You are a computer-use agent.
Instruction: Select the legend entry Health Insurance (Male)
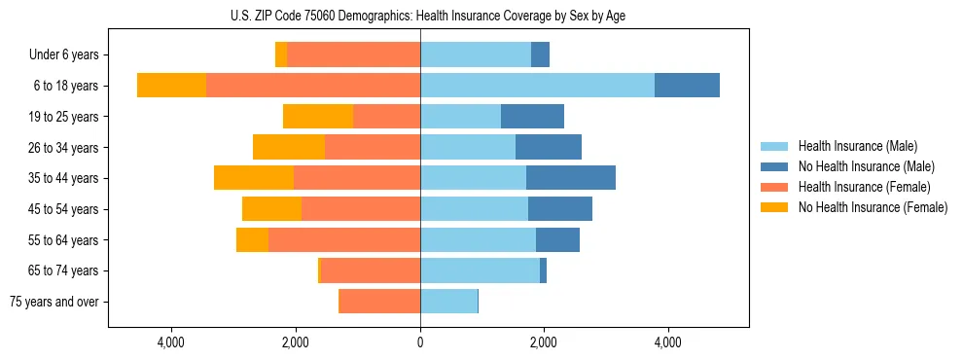point(857,146)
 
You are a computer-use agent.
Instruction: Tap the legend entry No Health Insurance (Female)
point(873,207)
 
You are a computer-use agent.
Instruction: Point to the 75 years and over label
point(53,302)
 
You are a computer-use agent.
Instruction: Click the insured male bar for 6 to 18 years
point(537,86)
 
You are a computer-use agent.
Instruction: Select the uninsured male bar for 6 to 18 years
point(687,86)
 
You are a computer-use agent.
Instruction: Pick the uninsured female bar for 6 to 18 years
point(171,86)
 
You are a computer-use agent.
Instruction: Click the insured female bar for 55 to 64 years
point(344,239)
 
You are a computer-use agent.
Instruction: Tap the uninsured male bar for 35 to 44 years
point(571,178)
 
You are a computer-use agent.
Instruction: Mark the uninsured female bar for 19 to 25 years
point(318,117)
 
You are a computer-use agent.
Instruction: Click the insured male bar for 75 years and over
point(448,302)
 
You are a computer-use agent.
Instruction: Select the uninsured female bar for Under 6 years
point(281,55)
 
